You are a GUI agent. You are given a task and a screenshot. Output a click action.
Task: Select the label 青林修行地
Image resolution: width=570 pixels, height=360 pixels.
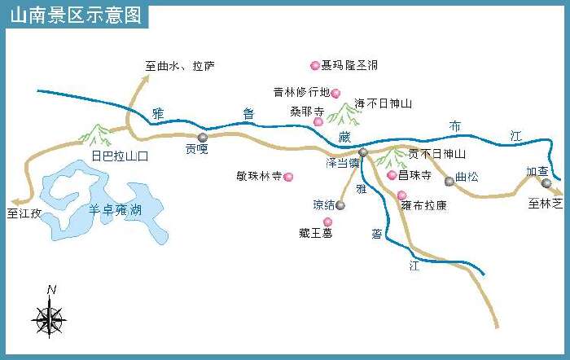coord(301,92)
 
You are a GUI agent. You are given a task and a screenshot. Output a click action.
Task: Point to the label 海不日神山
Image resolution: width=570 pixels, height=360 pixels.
coord(384,104)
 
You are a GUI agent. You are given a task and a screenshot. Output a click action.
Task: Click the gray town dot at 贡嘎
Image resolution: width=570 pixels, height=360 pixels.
coord(202,138)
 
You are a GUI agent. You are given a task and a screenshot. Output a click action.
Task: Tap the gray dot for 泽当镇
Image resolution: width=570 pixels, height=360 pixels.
coord(363,152)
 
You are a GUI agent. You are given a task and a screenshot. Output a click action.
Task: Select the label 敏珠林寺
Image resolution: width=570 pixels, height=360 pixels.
coord(258,175)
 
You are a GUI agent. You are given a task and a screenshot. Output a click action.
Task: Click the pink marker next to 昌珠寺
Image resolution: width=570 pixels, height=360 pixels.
coord(392,175)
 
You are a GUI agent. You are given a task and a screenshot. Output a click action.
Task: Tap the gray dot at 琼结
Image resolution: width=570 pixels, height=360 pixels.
coord(341,205)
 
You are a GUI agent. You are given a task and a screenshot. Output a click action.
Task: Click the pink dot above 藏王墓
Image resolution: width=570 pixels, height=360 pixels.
coord(328,222)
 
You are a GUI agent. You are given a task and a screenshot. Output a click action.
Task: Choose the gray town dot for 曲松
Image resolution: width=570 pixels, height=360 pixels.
coord(449,181)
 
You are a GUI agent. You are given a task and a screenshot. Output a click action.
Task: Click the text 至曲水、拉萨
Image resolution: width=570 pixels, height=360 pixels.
coord(180,66)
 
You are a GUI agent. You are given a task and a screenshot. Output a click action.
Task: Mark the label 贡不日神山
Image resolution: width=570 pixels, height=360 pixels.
coord(436,154)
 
